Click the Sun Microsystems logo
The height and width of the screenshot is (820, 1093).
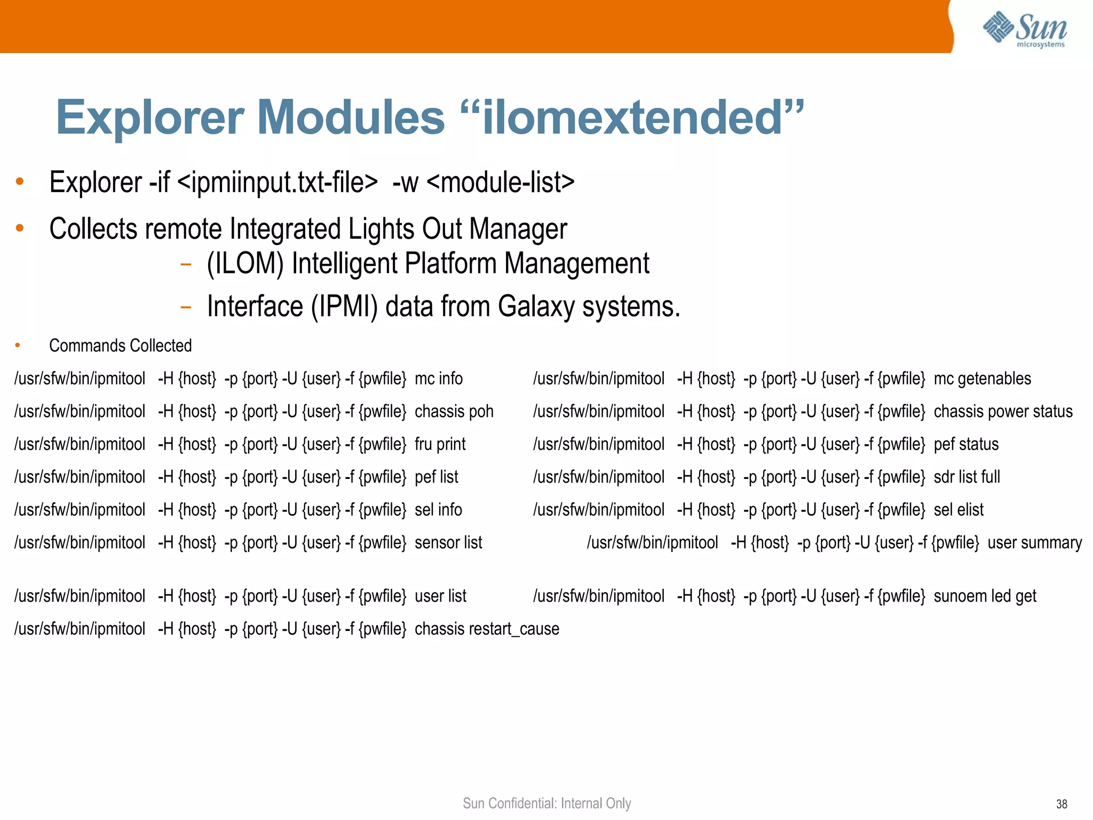1025,30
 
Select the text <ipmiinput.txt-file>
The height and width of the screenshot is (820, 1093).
278,182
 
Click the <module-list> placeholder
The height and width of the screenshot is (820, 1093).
501,182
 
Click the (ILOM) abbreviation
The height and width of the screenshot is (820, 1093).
245,264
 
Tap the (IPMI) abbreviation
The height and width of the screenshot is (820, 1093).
344,306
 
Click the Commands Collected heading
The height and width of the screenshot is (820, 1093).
120,346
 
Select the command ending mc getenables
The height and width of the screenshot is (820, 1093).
782,379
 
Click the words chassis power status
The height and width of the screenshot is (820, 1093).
1003,412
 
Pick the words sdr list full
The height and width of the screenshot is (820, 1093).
967,477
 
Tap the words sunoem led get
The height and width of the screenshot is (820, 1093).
985,596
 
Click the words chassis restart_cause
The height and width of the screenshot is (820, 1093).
487,629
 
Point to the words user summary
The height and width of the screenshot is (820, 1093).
1034,542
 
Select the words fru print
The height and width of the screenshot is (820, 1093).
440,444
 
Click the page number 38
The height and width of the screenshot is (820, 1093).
1062,804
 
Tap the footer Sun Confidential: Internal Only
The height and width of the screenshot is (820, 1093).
546,803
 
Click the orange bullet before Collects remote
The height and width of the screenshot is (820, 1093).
20,228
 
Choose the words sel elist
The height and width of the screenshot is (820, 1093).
958,510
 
